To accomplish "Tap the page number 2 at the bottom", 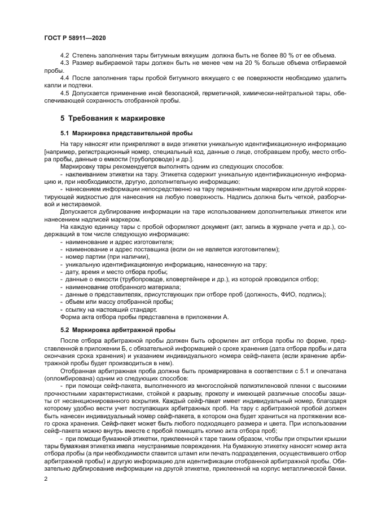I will pyautogui.click(x=46, y=479).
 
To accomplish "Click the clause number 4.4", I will pyautogui.click(x=65, y=78).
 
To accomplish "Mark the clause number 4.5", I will pyautogui.click(x=65, y=93).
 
